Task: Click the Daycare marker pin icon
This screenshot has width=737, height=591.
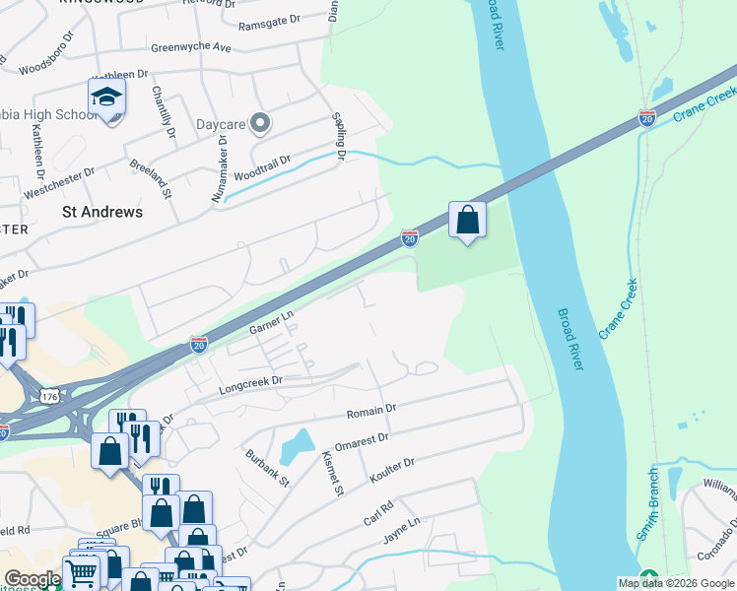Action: click(260, 124)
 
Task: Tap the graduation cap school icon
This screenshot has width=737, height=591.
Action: click(106, 98)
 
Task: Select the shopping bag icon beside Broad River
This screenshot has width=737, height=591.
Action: click(468, 220)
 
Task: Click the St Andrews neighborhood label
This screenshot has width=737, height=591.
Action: click(101, 212)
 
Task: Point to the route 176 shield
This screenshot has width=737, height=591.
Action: click(49, 395)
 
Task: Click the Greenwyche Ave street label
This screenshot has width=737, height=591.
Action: click(191, 47)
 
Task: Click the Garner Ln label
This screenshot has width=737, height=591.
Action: click(272, 322)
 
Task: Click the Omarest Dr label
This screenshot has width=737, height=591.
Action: click(362, 439)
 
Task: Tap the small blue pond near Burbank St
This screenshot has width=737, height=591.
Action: click(297, 448)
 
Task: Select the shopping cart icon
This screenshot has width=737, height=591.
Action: click(82, 570)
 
